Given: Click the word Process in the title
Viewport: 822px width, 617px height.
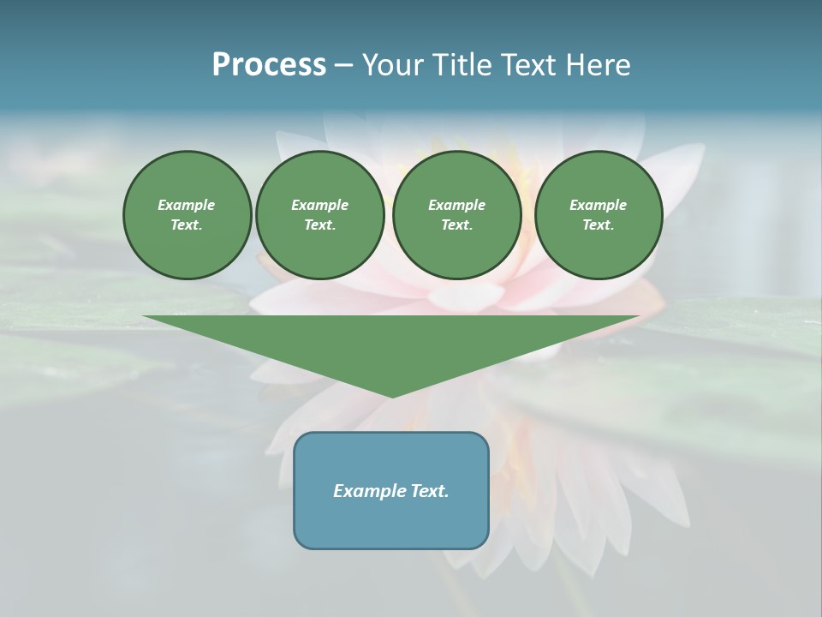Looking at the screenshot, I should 269,65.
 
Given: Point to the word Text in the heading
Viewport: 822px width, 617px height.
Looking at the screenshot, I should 529,65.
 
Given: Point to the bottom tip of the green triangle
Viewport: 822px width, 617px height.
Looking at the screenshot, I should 392,396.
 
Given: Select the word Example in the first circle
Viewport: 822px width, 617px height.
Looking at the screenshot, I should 187,205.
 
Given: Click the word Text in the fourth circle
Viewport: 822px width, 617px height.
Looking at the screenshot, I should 598,225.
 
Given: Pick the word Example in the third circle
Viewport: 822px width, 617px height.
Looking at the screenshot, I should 456,205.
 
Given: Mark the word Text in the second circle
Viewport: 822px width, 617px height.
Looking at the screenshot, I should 319,225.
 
